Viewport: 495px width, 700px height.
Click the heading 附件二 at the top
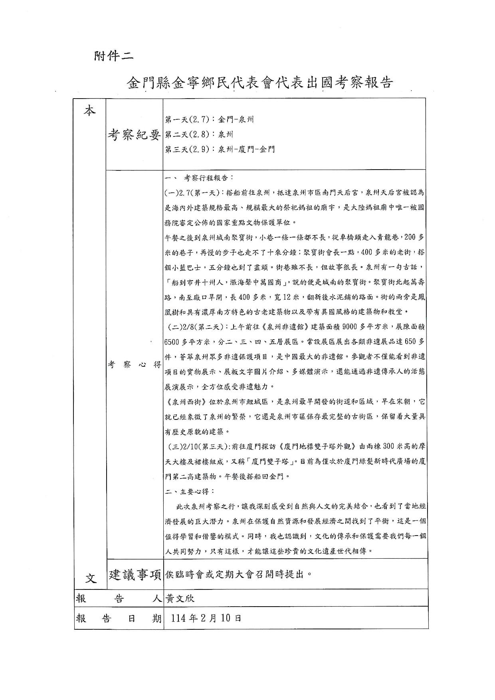(114, 56)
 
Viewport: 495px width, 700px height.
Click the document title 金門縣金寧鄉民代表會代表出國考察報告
(260, 82)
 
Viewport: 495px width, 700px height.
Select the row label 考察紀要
(134, 135)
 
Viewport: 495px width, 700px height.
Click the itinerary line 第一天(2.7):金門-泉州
(210, 119)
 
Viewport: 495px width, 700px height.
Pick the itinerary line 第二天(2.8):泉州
(199, 134)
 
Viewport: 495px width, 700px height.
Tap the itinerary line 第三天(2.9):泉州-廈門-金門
(220, 150)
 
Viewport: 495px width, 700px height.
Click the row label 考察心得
(134, 364)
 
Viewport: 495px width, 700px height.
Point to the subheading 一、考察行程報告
(199, 178)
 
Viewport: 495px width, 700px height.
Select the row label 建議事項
(135, 575)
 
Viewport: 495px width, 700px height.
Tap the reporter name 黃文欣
(180, 599)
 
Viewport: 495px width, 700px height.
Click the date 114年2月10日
(206, 618)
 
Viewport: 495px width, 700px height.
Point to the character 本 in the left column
(90, 111)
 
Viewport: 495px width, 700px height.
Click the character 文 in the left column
(91, 577)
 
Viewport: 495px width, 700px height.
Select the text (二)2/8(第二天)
(196, 327)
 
